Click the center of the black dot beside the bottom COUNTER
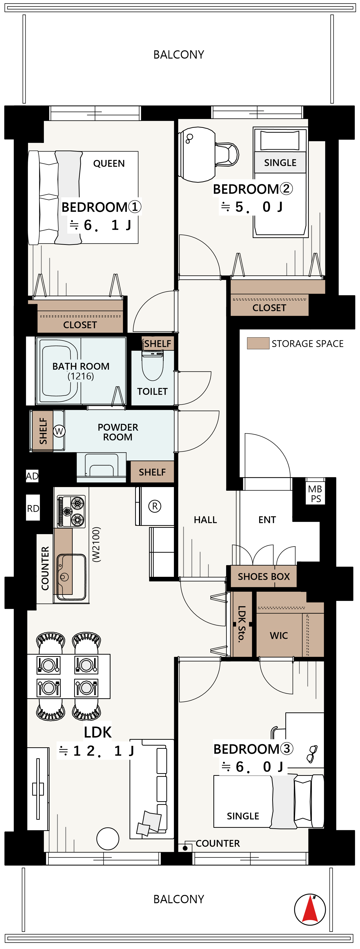[x=185, y=848]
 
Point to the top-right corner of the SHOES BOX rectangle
[x=297, y=566]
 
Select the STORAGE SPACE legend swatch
[x=258, y=343]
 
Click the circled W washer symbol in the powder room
[x=59, y=431]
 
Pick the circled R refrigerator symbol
[x=155, y=506]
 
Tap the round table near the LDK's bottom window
[x=108, y=839]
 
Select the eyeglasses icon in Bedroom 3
[x=312, y=754]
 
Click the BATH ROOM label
[x=81, y=366]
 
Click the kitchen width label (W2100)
[x=96, y=544]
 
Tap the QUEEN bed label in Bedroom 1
[x=109, y=163]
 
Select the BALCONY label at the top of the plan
[x=179, y=55]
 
